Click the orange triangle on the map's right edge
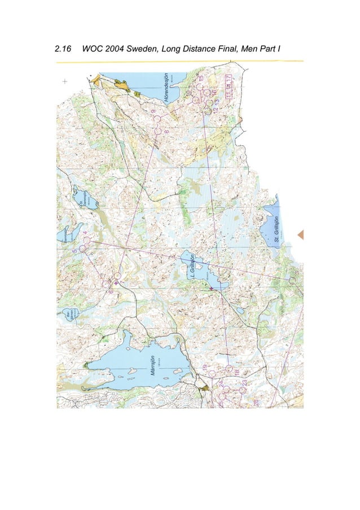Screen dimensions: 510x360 (300, 234)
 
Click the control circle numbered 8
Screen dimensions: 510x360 (157, 130)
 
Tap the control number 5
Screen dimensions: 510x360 (74, 246)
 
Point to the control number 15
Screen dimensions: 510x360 (201, 77)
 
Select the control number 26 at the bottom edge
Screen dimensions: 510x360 (256, 403)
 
